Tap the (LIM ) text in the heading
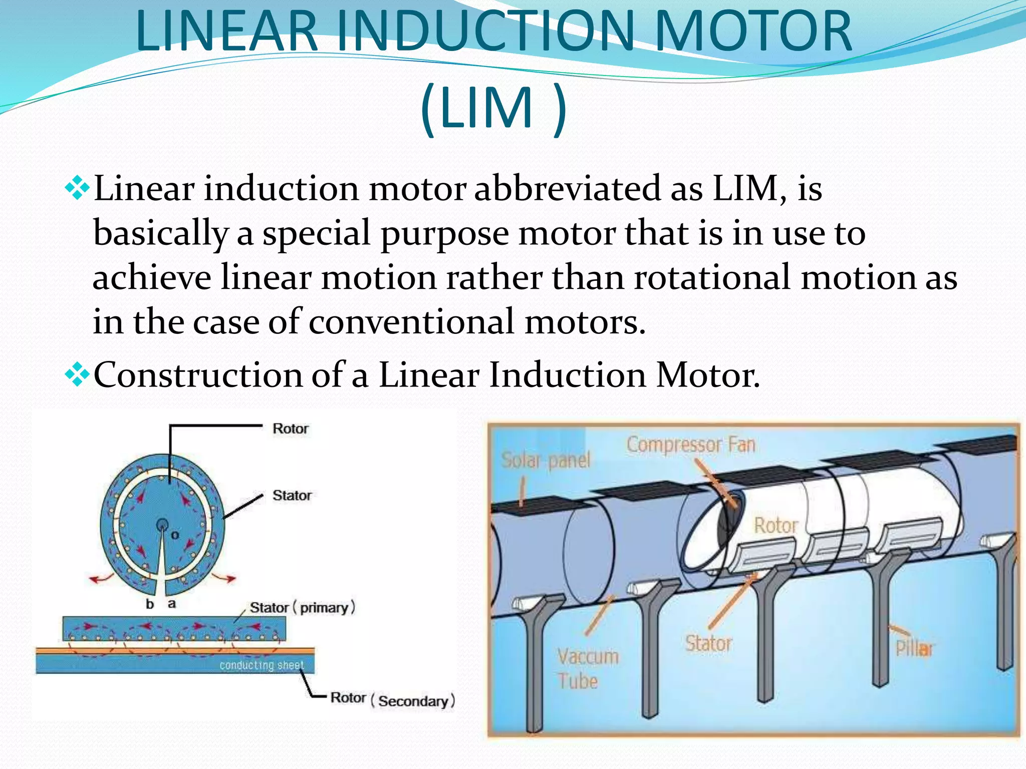click(494, 107)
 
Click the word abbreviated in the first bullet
click(567, 189)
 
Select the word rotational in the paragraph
click(712, 277)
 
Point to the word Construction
click(198, 374)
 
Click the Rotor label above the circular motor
click(290, 429)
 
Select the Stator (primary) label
click(302, 607)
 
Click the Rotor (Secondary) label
click(392, 699)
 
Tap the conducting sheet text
click(262, 665)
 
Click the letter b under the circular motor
click(149, 604)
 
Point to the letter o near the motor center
click(175, 535)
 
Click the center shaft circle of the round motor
click(162, 525)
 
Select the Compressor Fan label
click(690, 445)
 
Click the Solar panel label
click(546, 460)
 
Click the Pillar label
click(914, 649)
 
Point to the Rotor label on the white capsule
click(776, 525)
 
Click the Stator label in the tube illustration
click(708, 643)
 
